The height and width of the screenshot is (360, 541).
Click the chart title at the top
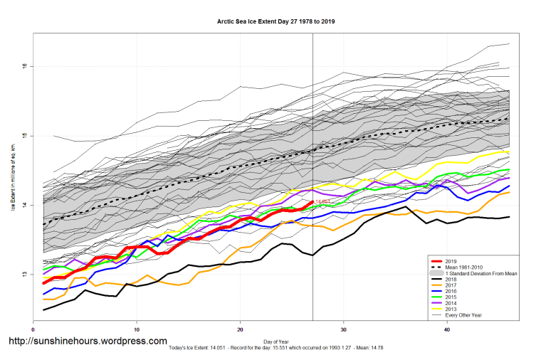pos(275,21)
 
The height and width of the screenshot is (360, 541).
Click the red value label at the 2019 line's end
pos(322,202)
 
